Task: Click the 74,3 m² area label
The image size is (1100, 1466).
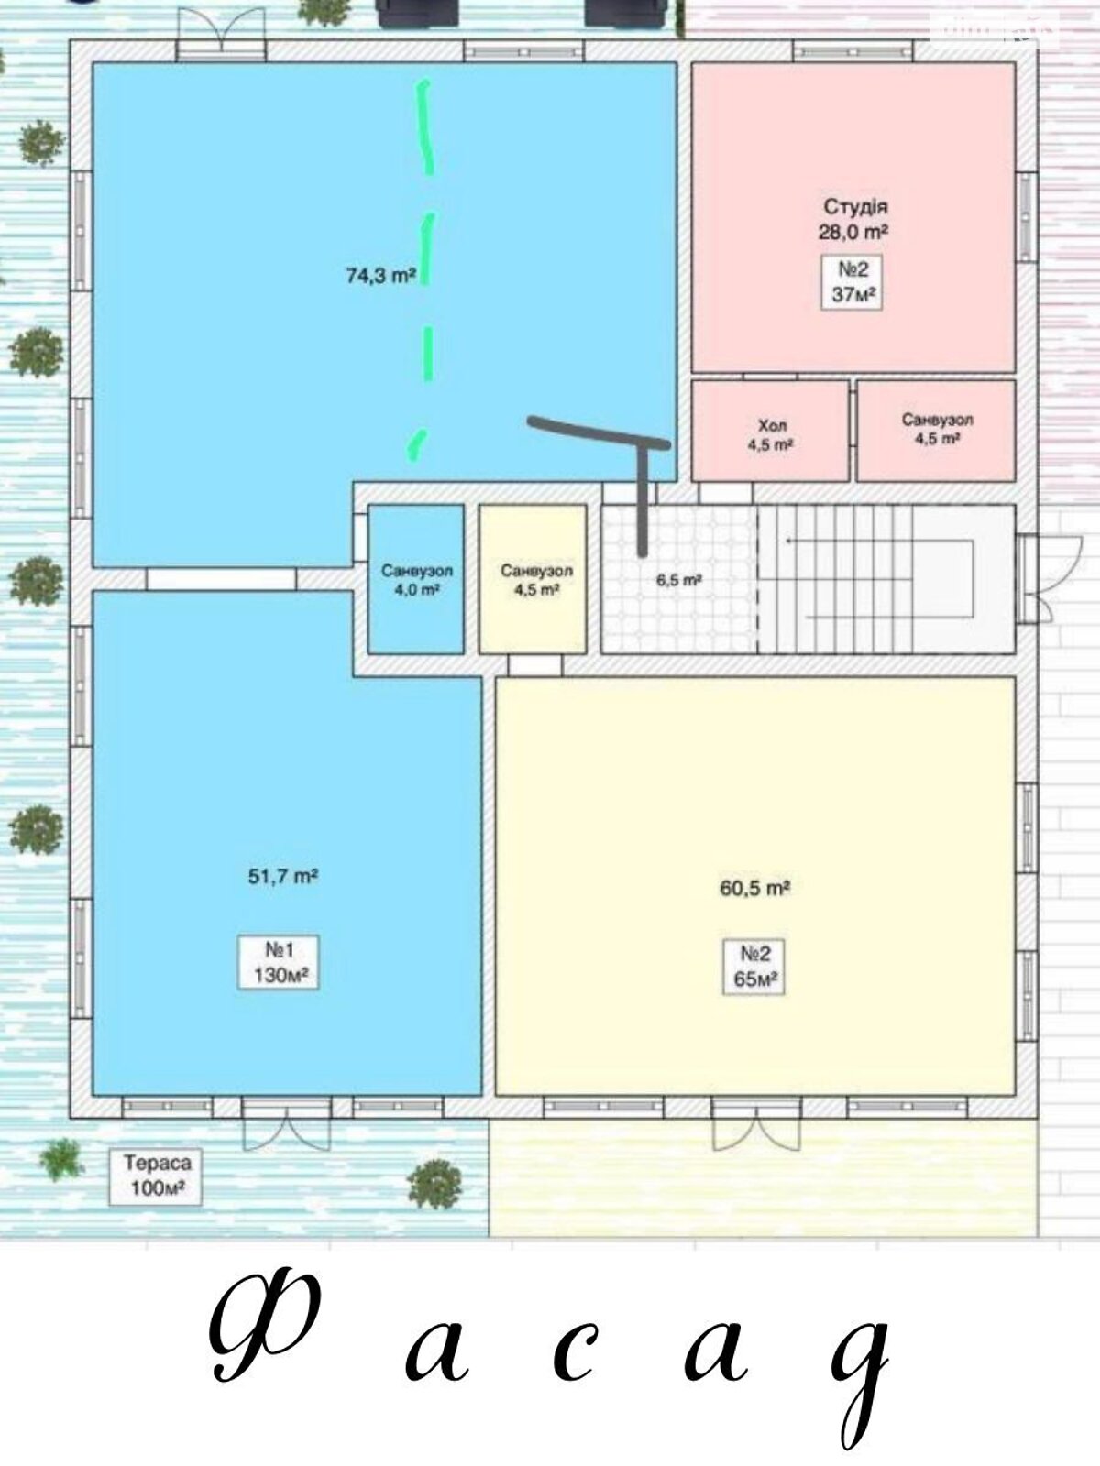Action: [381, 275]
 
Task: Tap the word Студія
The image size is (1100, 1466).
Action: [855, 206]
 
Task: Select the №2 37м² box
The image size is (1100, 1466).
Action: [852, 282]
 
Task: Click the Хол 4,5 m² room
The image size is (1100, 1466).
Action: [770, 431]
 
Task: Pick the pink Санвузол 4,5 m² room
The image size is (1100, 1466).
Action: [936, 431]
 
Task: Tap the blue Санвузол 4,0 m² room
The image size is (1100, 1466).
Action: [416, 579]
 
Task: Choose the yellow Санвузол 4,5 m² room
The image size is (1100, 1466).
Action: [533, 579]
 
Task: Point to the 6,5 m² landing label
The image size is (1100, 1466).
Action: [678, 580]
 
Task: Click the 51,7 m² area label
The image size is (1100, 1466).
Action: [282, 876]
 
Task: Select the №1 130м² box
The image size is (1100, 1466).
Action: [279, 962]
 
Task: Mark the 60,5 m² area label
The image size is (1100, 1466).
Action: [754, 888]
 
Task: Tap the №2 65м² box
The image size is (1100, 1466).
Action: [754, 967]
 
